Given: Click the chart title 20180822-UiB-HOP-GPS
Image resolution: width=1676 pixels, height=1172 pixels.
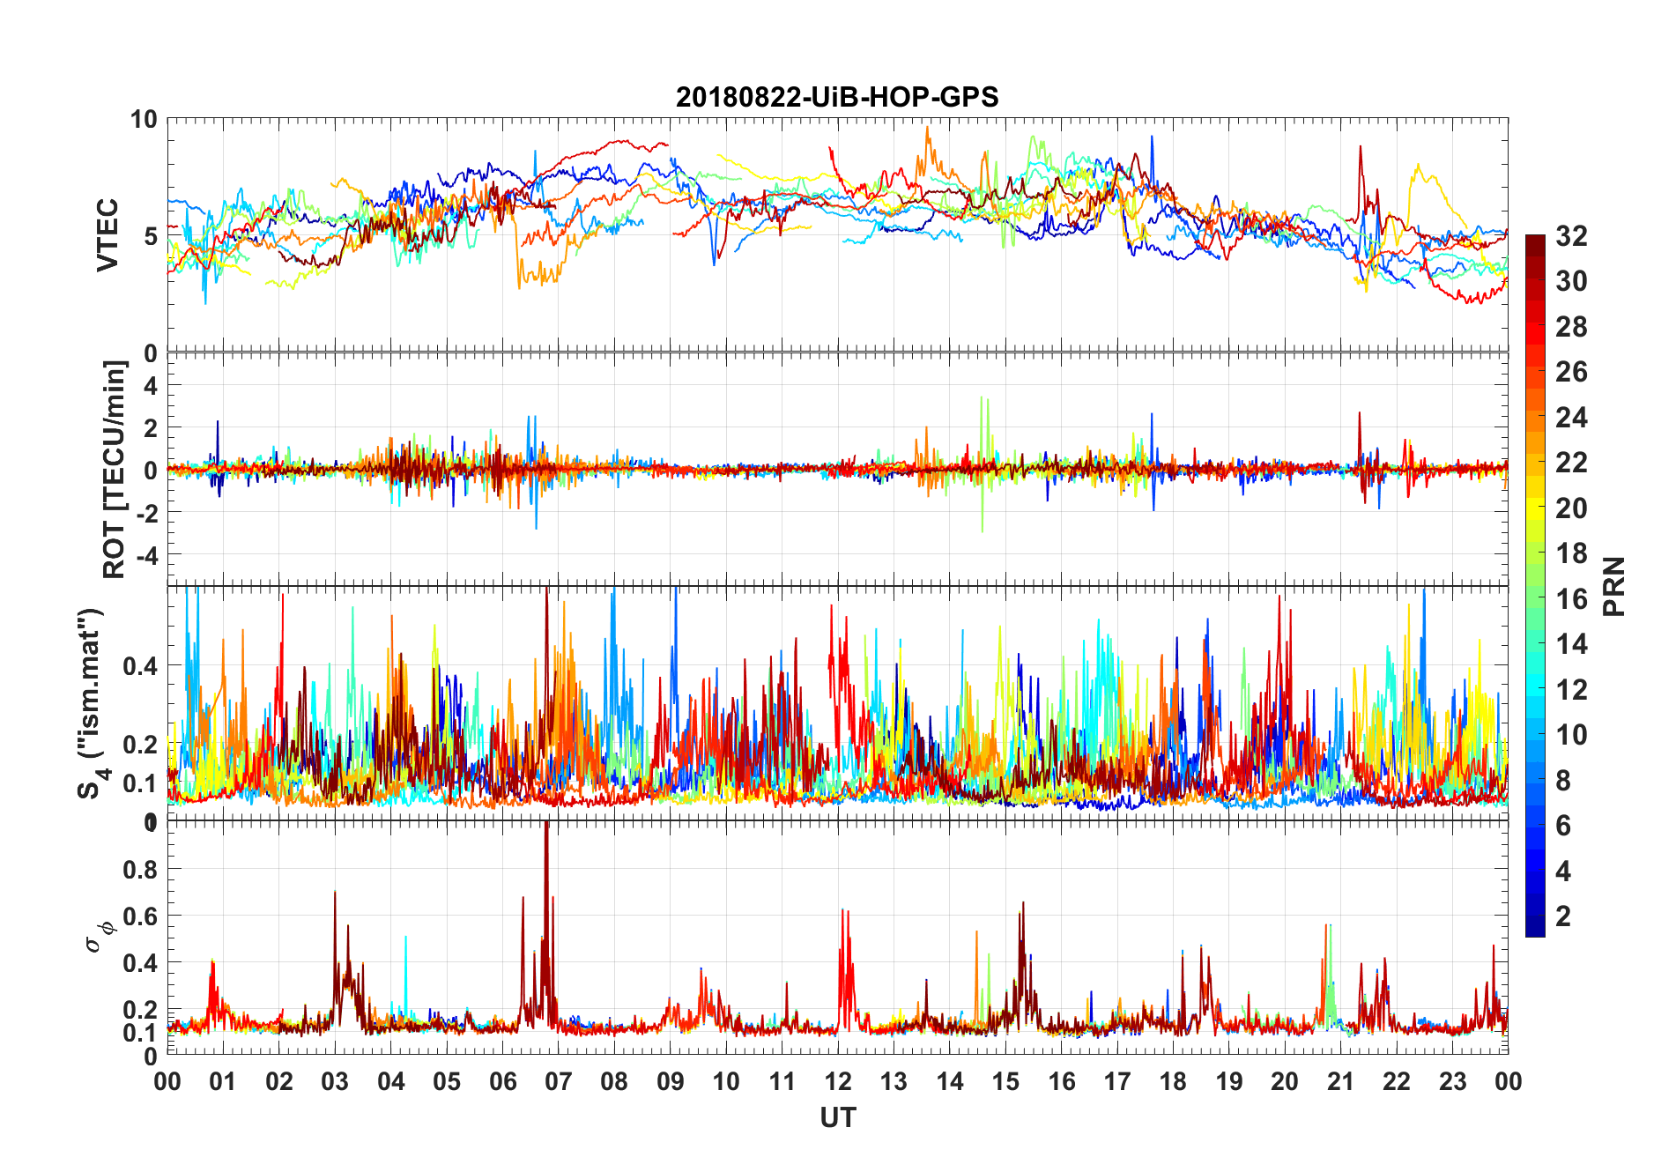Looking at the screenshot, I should pos(837,97).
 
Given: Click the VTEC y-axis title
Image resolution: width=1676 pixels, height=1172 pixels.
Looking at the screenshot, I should pos(108,235).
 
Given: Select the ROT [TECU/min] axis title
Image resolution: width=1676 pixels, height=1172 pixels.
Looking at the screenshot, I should pos(115,469).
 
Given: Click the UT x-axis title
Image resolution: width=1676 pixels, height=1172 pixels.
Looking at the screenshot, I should pos(837,1117).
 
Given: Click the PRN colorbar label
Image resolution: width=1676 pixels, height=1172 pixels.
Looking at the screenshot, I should pos(1614,586).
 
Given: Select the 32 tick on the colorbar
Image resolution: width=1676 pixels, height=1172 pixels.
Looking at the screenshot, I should pos(1571,236).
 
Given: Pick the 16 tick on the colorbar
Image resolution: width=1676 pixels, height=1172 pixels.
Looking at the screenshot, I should pos(1571,599).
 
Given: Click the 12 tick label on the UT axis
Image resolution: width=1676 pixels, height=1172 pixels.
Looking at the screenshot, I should pos(838,1081).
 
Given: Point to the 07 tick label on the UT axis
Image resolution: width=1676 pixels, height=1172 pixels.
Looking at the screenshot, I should pos(559,1081).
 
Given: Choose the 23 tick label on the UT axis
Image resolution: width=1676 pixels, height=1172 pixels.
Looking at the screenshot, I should pos(1452,1081).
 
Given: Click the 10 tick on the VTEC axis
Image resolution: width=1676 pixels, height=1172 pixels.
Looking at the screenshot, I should pos(144,120).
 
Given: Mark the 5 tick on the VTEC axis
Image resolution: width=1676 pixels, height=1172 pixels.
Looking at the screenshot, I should pos(150,236).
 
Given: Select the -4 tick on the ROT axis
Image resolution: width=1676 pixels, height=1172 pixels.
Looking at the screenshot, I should pos(146,555).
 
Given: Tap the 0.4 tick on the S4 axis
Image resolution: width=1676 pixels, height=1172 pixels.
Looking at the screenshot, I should pos(140,666).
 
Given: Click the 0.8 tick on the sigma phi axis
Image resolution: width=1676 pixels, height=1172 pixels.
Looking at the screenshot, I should pos(140,870).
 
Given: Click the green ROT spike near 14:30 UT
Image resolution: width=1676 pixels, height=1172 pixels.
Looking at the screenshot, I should pos(982,405).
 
